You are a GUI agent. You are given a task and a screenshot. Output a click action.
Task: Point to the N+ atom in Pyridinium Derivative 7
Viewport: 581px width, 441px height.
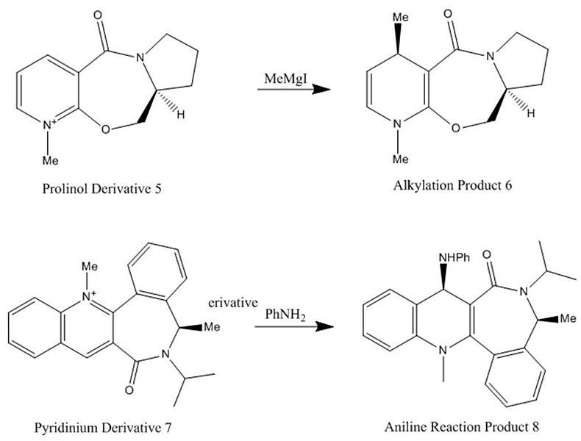(88, 297)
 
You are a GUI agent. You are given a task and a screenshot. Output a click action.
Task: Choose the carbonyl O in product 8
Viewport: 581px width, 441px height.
(485, 256)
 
